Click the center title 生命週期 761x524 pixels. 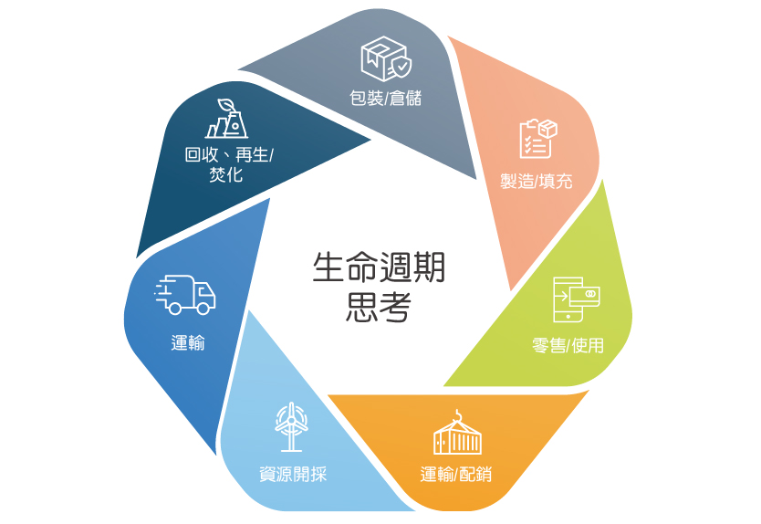379,267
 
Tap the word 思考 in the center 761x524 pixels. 379,307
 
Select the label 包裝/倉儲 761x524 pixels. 386,98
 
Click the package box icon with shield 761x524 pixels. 386,58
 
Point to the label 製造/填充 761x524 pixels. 537,181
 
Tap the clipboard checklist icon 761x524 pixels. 537,139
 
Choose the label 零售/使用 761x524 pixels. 568,345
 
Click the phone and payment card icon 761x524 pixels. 577,299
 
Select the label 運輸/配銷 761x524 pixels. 455,474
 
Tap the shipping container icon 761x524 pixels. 457,433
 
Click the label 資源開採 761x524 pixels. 293,474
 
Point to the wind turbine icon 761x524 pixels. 291,426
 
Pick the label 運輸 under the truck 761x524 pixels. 188,343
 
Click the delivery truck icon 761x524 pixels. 185,295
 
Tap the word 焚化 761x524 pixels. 226,174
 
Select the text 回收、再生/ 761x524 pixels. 229,155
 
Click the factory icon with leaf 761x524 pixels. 226,119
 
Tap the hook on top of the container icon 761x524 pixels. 457,414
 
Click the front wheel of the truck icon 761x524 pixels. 203,308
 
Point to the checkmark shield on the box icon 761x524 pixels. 401,68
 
